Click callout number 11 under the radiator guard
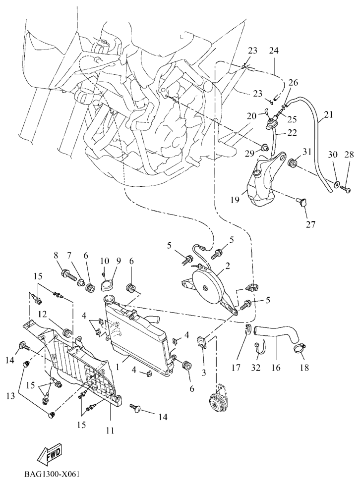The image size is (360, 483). tap(110, 430)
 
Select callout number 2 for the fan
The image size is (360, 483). tap(227, 265)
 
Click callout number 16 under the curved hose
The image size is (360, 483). tap(275, 368)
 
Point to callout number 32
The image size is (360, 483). tap(255, 368)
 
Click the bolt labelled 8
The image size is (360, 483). tap(65, 272)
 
